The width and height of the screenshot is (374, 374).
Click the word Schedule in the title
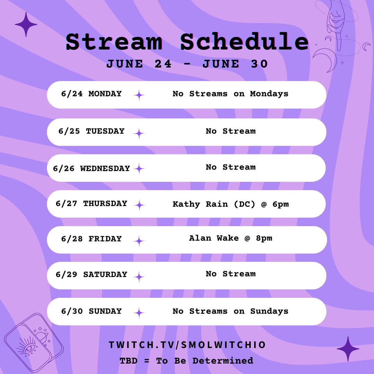[x=244, y=42]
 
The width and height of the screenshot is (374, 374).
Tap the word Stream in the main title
[x=114, y=42]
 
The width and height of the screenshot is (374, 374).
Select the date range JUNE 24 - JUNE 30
[x=187, y=64]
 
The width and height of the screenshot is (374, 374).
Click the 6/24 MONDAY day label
[x=91, y=94]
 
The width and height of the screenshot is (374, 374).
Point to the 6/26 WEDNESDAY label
[x=91, y=169]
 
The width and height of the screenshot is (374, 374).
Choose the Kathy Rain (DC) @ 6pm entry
[x=231, y=204]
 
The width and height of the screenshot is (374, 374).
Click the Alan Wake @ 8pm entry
[x=231, y=238]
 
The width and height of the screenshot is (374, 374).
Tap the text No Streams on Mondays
[x=231, y=94]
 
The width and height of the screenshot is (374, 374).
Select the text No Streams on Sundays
[x=231, y=311]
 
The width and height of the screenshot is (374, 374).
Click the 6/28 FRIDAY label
[x=91, y=239]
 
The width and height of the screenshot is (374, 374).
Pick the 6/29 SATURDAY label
[x=91, y=275]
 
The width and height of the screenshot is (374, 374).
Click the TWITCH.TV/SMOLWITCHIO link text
[x=187, y=345]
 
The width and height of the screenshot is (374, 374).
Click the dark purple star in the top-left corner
[x=26, y=25]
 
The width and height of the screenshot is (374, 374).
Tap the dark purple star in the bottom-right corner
[x=348, y=349]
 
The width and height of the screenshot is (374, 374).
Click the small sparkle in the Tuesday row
[x=139, y=133]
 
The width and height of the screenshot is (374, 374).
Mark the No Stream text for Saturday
[x=231, y=274]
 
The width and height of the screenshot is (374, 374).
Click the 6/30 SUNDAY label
[x=91, y=311]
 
